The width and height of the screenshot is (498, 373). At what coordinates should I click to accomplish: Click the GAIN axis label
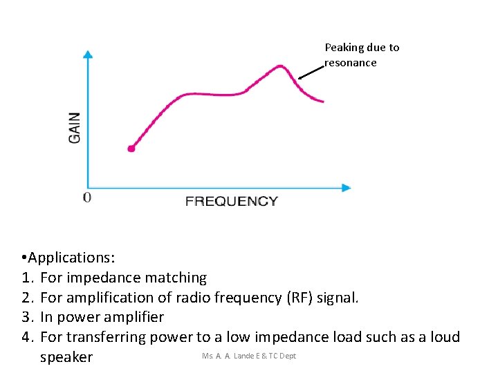coord(74,128)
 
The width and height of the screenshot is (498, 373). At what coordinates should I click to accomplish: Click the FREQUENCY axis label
coord(232,201)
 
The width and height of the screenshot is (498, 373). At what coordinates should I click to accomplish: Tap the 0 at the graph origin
coord(86,198)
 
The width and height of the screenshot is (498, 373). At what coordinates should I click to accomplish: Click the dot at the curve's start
coord(131,149)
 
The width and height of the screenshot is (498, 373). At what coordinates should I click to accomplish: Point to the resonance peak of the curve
coord(280,66)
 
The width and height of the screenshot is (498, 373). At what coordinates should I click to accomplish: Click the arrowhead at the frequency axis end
coord(346,187)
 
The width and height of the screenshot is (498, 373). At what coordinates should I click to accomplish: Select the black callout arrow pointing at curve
coord(311,73)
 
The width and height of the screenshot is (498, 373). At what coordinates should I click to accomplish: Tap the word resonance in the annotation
coord(351,63)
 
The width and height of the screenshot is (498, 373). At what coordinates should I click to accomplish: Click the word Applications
coord(70,258)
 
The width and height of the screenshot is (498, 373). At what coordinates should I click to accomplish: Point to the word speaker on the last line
coord(66,357)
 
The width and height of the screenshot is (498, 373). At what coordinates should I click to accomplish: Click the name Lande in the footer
coord(245,356)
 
